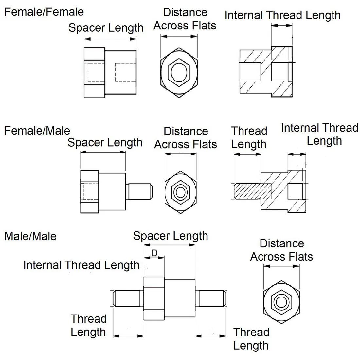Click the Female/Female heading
point(44,12)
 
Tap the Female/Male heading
point(37,131)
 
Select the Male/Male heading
point(30,236)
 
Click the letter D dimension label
point(154,253)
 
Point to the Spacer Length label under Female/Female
point(106,28)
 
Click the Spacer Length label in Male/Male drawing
point(170,236)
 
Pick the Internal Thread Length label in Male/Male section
point(81,265)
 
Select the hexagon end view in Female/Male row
point(180,192)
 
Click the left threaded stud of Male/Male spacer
point(128,298)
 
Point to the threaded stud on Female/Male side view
point(139,192)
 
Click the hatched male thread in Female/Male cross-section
point(252,191)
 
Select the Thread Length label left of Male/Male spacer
point(88,325)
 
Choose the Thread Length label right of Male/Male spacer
point(251,339)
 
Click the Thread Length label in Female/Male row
point(249,137)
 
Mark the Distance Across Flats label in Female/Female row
point(185,19)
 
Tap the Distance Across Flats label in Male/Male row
point(281,250)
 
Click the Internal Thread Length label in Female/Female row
point(282,15)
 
